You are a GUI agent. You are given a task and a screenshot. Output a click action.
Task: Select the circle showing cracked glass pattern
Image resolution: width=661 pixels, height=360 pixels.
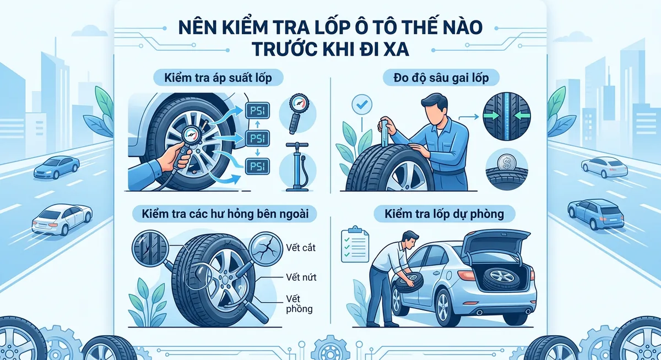pos(267,248)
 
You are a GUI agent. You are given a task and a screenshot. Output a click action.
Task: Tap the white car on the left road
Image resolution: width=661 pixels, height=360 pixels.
pos(61,219)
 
